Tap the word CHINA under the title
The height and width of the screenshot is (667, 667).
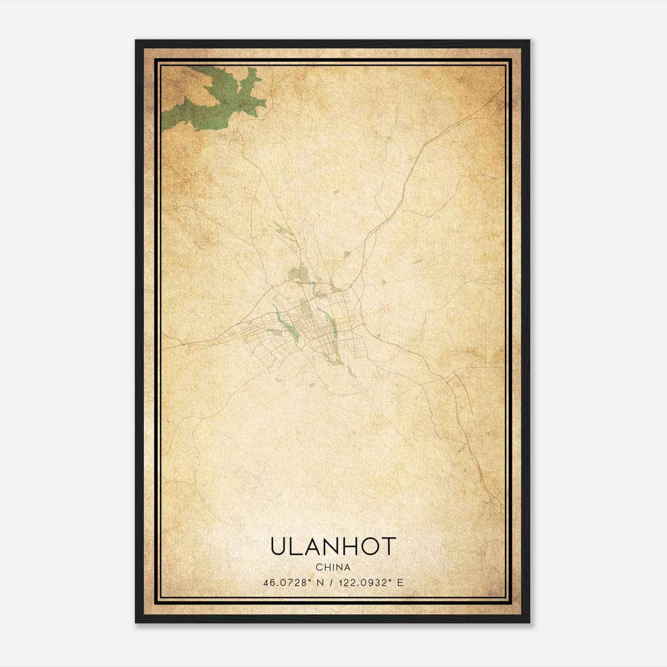tap(333, 567)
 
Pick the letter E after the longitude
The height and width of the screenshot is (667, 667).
tap(400, 583)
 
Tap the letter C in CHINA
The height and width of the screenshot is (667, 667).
tap(318, 567)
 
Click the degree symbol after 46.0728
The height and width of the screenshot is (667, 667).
tap(310, 580)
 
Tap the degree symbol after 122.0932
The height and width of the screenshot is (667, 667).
tap(391, 580)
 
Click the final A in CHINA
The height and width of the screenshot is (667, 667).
tap(347, 567)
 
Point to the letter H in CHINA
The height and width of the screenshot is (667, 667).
tap(326, 567)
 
